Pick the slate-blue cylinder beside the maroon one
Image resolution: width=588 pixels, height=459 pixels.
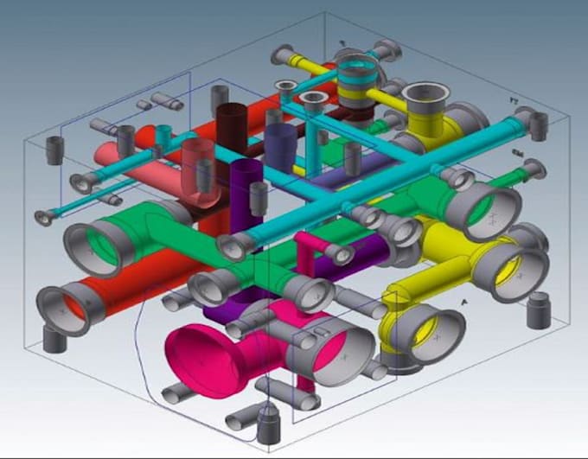click(x=279, y=142)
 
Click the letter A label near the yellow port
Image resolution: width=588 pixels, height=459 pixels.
click(x=464, y=301)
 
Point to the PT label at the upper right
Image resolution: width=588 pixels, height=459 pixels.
click(x=513, y=102)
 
